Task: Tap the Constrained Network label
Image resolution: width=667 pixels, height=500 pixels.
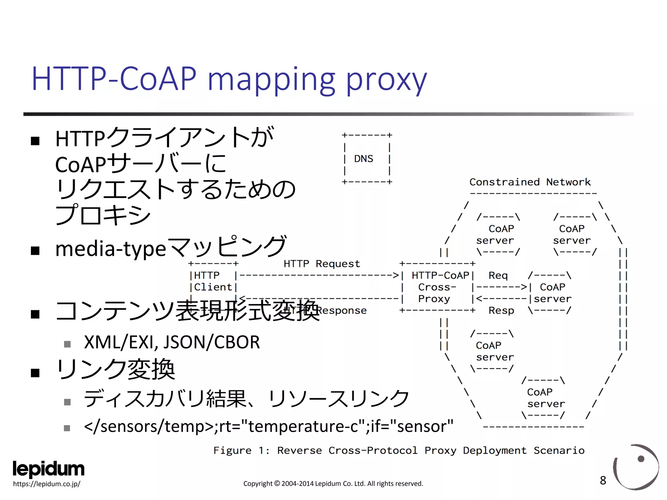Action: click(x=530, y=182)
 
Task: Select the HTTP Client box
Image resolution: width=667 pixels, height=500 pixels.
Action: click(x=213, y=282)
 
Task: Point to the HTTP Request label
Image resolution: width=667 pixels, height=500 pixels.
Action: click(x=322, y=264)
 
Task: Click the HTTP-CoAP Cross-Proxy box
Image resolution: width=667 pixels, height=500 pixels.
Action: click(x=437, y=287)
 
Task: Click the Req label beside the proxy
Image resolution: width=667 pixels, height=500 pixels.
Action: click(x=498, y=275)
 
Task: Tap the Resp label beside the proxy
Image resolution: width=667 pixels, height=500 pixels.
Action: click(x=501, y=311)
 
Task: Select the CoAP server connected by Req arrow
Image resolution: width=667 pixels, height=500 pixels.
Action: click(x=552, y=293)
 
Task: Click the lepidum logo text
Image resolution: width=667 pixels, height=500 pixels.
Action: click(x=49, y=469)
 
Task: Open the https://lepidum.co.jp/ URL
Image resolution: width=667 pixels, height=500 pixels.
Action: click(x=47, y=484)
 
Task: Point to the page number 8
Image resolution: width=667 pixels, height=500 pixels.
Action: click(x=603, y=480)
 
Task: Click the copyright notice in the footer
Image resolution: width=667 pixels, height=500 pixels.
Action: click(x=333, y=484)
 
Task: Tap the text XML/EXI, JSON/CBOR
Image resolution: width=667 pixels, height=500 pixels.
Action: click(x=172, y=342)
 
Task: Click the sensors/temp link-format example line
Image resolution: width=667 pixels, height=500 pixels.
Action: click(x=268, y=426)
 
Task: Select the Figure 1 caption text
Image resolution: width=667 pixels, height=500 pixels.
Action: click(x=399, y=451)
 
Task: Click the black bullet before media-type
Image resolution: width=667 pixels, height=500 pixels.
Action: click(x=35, y=251)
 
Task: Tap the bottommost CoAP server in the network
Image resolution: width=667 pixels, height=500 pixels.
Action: click(x=546, y=398)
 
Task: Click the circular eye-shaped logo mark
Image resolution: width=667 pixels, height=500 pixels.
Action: click(x=636, y=467)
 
